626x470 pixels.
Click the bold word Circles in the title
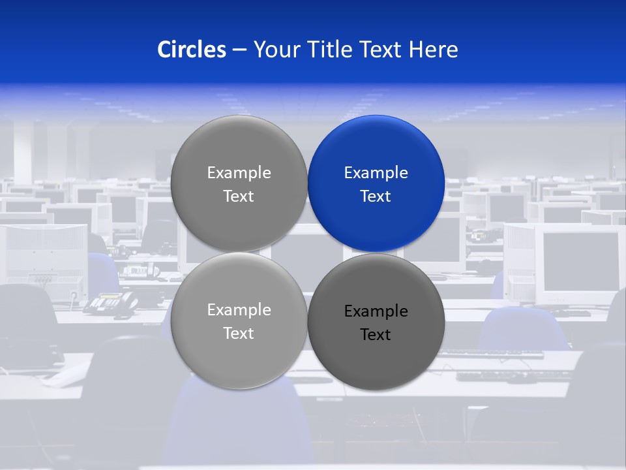[x=192, y=50]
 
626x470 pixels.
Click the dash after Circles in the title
[x=239, y=50]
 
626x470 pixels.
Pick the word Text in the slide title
[x=381, y=50]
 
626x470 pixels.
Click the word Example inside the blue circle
[x=376, y=173]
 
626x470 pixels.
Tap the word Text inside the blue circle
[x=376, y=196]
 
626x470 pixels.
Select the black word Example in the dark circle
[x=376, y=311]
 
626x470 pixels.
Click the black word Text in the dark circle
[x=376, y=335]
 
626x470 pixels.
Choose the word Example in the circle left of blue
[x=239, y=173]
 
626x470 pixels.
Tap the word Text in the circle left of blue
[x=239, y=196]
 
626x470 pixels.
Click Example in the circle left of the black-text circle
[x=239, y=310]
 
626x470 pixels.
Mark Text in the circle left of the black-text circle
[x=239, y=334]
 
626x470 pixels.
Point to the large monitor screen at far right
[x=580, y=261]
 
